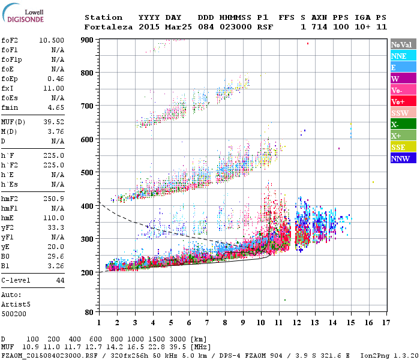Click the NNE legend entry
[x=403, y=56]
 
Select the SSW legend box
[x=403, y=113]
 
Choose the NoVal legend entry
[x=403, y=44]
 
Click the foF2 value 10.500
[x=52, y=40]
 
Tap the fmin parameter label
[x=10, y=107]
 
